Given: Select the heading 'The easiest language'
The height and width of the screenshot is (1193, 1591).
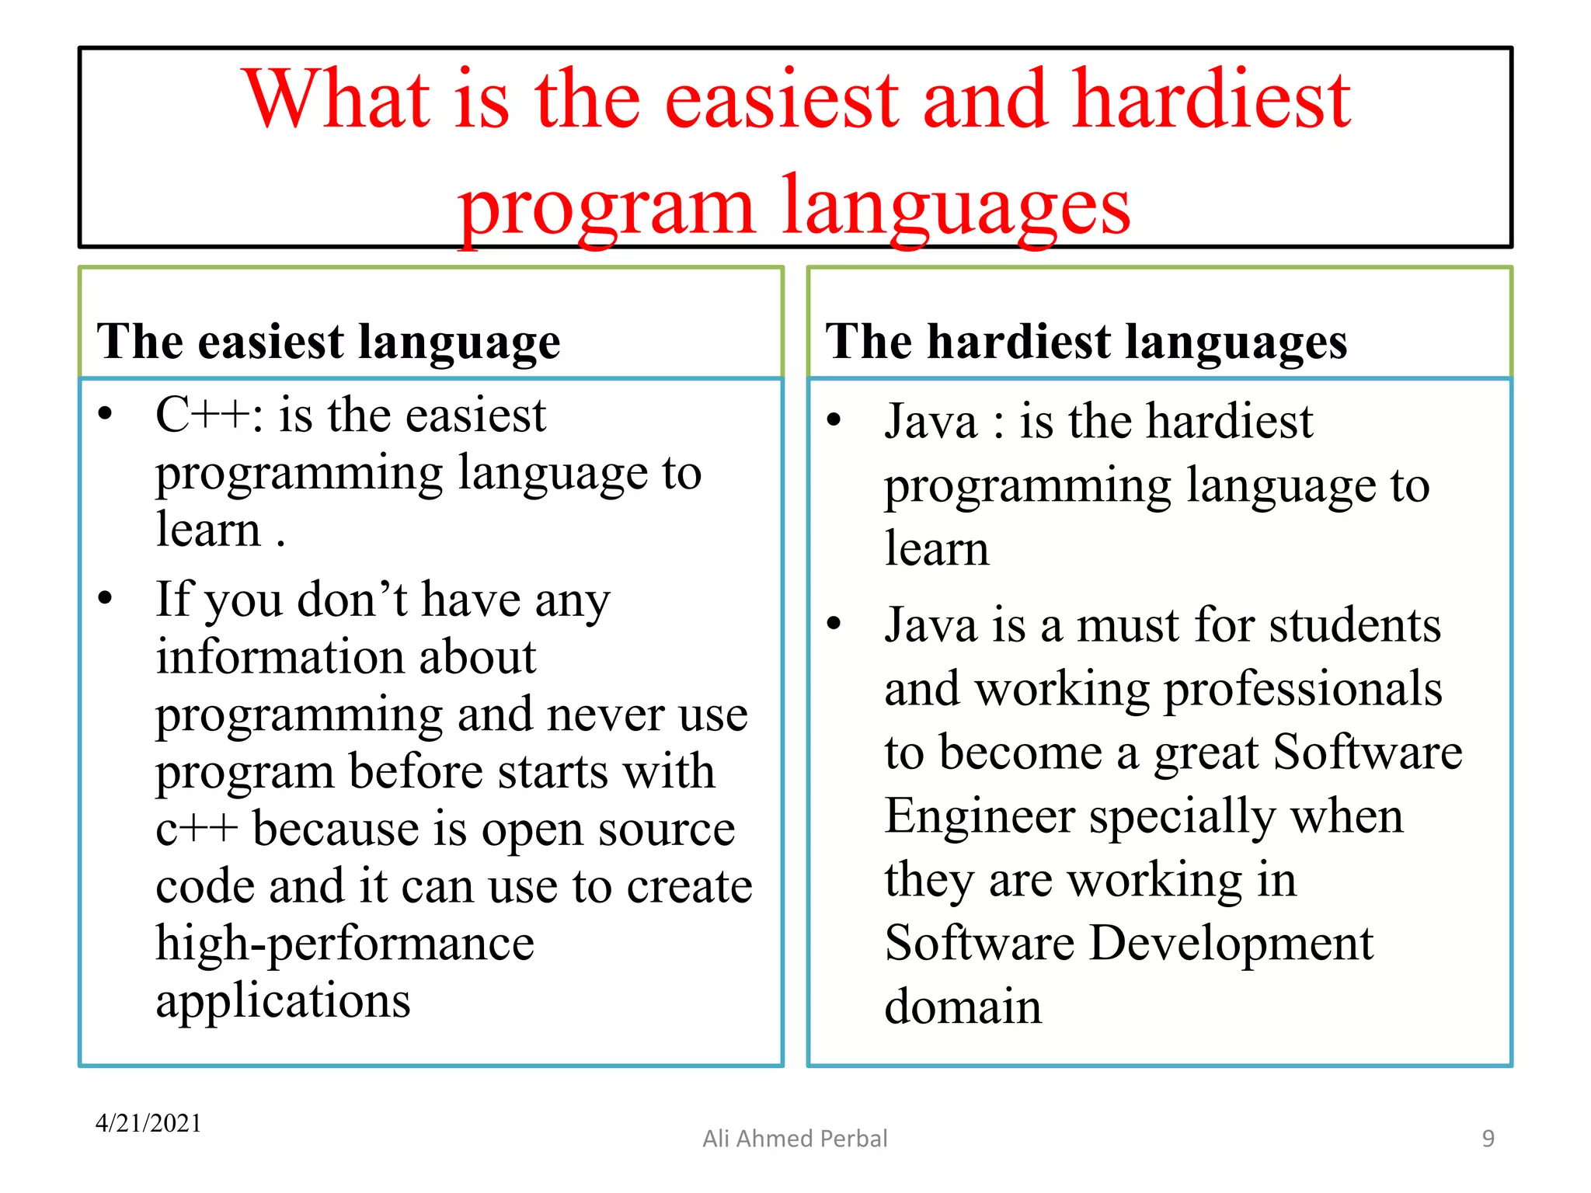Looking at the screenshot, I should point(328,342).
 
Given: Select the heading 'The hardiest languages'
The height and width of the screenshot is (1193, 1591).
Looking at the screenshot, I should point(1086,342).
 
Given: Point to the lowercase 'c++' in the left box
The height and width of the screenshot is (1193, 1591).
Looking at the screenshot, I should point(196,830).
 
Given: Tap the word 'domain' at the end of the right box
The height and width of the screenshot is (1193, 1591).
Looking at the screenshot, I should point(963,1007).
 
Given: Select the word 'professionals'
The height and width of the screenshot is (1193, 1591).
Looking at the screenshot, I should point(1303,689).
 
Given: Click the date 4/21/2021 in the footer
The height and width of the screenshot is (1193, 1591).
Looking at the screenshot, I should point(148,1123).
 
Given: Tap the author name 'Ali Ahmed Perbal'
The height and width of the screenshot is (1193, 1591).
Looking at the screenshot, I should point(795,1139).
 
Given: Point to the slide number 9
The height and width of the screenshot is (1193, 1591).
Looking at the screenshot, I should point(1488,1139).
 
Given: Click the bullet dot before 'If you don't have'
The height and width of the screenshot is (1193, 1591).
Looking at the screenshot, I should point(106,599).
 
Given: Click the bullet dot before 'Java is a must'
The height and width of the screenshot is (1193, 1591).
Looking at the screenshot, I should point(834,624).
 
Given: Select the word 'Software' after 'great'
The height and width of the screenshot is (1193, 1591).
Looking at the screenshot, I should point(1367,753).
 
